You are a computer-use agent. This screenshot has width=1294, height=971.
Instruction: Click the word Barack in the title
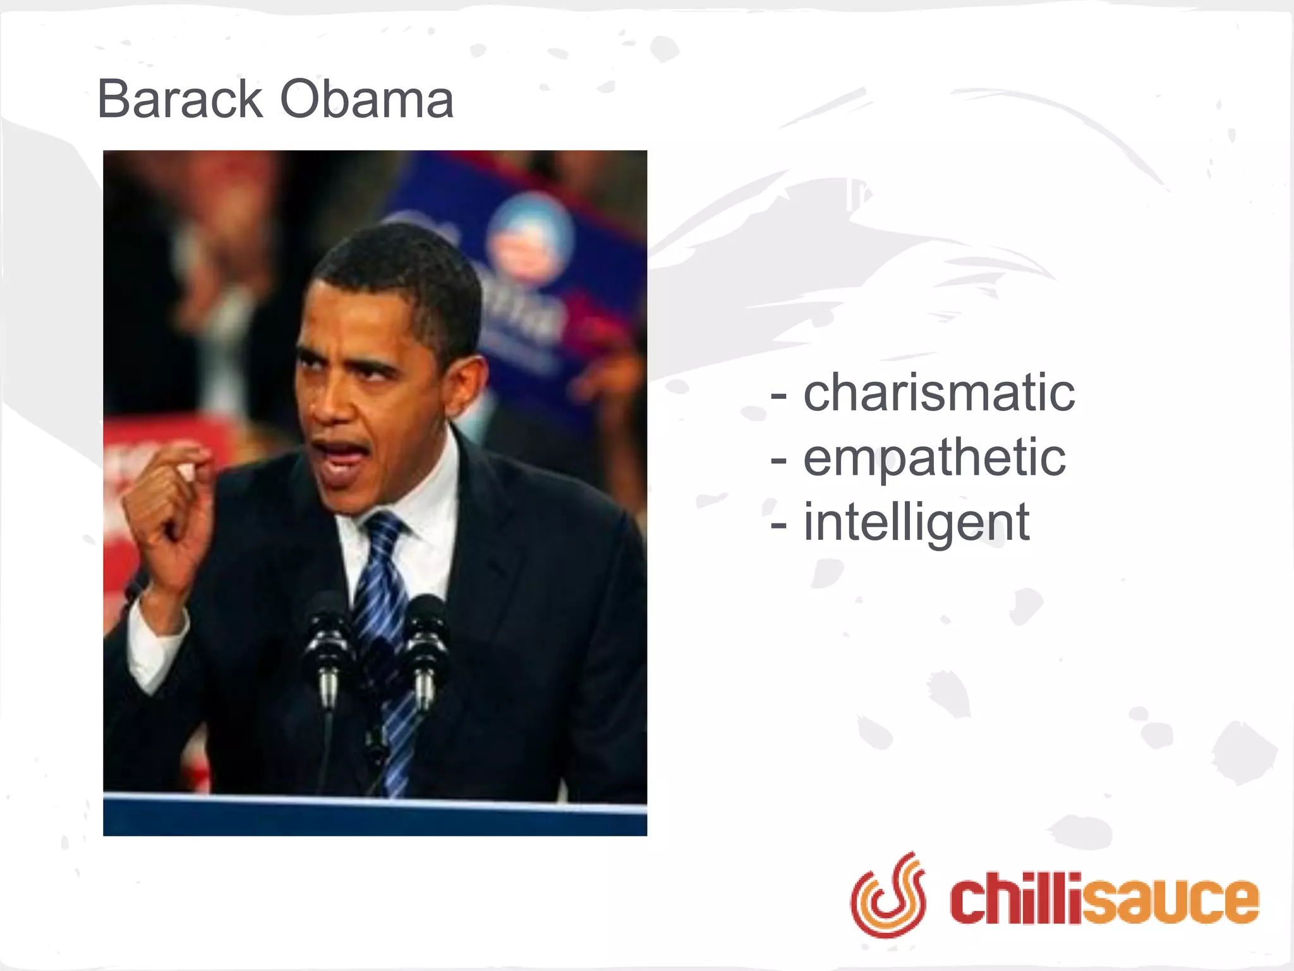point(179,99)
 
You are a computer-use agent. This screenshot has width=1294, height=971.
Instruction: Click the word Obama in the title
point(366,99)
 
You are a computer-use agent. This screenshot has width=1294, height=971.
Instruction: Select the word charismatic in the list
point(939,393)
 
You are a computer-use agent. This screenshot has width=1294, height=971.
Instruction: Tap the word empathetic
point(934,458)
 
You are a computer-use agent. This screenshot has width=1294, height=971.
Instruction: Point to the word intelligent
point(916,523)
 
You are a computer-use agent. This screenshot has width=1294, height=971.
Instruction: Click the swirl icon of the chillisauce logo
point(888,895)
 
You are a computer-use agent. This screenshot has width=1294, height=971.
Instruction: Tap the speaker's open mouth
point(341,455)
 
